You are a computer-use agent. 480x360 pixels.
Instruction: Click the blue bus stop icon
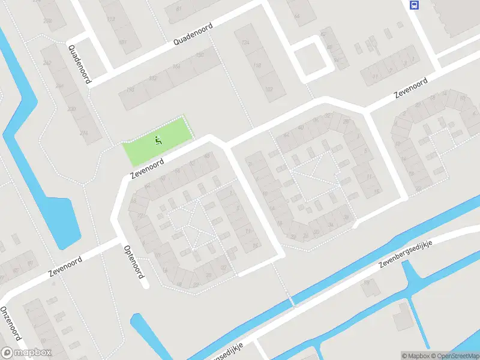coord(414,5)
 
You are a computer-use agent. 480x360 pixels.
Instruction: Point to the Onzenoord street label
coord(12,324)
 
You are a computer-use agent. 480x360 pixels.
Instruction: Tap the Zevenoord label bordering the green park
coord(147,169)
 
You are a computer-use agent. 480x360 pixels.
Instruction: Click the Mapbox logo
coord(26,353)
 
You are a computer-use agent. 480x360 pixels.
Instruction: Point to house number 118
coord(257,66)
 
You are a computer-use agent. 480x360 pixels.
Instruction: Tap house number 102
coord(268,90)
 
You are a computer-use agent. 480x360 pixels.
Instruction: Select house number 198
coord(130,90)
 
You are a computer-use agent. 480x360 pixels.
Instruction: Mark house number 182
coord(152,78)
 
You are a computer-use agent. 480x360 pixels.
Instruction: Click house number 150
coord(199,55)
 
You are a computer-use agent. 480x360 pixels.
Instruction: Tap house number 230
coord(72,109)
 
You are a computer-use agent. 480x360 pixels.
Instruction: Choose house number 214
coord(83,132)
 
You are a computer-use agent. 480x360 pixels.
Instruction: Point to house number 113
coord(110,19)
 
